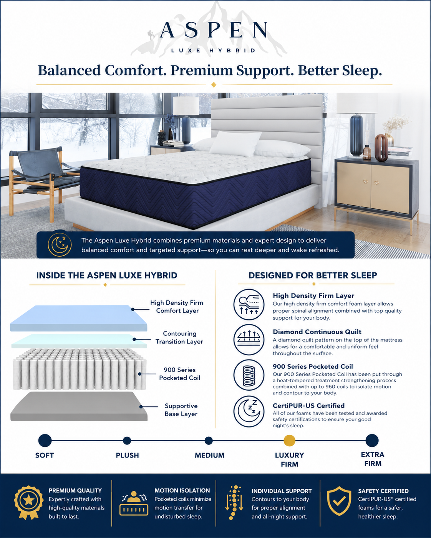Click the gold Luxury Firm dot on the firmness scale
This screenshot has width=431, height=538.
pos(289,441)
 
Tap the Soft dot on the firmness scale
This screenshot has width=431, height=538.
pos(45,441)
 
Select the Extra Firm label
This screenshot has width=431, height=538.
pos(373,459)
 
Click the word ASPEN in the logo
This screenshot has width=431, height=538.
pos(214,30)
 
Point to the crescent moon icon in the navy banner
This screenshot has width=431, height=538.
pos(60,245)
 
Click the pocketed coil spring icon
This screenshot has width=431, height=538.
pos(249,375)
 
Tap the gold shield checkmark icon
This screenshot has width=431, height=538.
pos(339,501)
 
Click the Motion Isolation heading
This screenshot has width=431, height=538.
pos(182,490)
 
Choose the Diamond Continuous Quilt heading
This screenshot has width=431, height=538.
pos(317,332)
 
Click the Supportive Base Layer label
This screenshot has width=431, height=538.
pos(181,410)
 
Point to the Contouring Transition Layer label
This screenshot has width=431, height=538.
pos(179,338)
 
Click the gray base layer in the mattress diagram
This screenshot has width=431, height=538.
pos(79,406)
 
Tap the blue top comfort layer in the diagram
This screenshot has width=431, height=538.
pos(79,318)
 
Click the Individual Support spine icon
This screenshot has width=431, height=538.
pos(234,502)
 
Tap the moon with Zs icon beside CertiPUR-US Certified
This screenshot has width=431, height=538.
pos(249,411)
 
